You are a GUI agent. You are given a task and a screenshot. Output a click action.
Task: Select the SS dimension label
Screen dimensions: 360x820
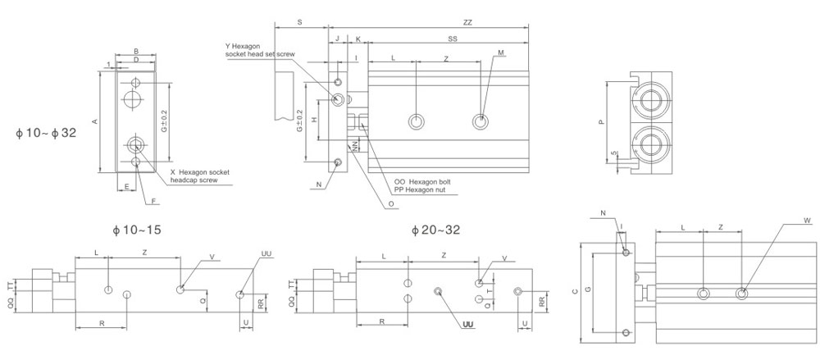453,39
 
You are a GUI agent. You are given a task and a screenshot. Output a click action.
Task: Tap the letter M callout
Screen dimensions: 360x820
500,53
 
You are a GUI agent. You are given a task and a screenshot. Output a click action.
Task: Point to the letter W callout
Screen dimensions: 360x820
785,221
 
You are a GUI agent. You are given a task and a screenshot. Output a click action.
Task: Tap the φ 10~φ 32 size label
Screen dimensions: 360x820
46,132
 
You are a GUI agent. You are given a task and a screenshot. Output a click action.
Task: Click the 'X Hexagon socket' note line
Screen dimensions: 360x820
199,172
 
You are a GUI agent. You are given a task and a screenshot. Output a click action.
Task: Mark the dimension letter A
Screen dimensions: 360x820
95,122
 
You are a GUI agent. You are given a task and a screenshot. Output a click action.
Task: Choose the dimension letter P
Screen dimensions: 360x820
601,122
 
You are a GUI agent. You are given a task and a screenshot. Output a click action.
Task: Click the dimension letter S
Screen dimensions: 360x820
300,23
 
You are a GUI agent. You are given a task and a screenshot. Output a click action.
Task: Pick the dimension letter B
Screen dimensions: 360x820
136,51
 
